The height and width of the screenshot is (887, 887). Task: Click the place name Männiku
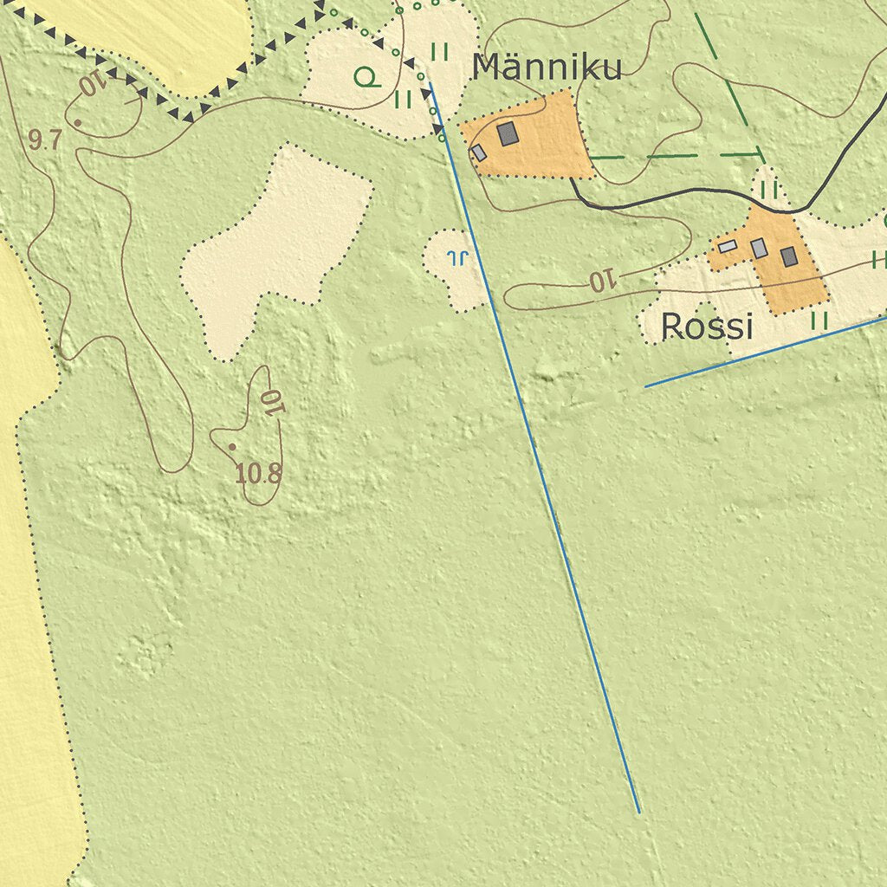point(547,68)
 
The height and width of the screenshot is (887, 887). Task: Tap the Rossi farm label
point(706,327)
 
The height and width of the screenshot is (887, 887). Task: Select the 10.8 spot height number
point(258,473)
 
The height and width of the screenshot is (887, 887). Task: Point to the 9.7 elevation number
point(44,140)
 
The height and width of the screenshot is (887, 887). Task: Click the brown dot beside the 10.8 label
point(231,447)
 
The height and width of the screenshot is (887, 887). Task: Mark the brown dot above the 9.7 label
point(77,123)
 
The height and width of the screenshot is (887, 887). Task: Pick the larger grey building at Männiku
point(507,133)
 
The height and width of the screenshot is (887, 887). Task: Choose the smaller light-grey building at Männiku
point(478,153)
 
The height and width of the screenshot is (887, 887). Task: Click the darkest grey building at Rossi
point(788,256)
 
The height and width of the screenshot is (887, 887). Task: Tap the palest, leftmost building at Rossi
point(728,247)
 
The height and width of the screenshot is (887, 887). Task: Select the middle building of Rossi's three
point(759,249)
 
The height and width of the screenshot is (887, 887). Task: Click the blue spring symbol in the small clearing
point(456,256)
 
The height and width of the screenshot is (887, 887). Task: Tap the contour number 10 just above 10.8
point(272,402)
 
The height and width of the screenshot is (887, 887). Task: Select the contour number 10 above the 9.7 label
point(92,84)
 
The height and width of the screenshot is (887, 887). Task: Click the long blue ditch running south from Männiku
point(537,450)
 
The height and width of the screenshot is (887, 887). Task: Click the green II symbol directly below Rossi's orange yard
point(819,320)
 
